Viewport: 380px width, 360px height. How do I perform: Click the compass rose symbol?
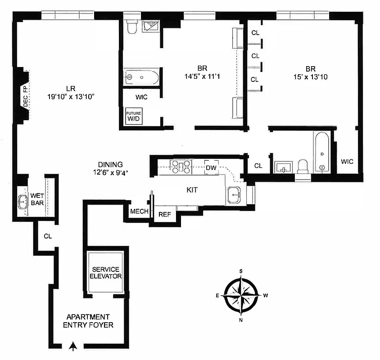(242, 296)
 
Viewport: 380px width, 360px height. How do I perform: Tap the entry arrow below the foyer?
(74, 346)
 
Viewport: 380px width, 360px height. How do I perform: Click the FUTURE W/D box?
(134, 116)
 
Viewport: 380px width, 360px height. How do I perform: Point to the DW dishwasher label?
(211, 167)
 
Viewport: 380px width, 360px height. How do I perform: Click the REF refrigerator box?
(164, 214)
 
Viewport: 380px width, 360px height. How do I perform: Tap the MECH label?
(139, 211)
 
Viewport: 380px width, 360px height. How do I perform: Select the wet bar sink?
(23, 201)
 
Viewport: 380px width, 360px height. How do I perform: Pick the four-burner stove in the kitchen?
(181, 166)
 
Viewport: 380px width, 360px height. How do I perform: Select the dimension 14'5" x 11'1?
(201, 76)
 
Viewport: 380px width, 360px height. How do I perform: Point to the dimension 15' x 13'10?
(310, 76)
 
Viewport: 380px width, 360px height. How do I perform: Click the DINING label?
(110, 165)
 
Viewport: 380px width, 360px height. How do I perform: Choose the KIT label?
(191, 190)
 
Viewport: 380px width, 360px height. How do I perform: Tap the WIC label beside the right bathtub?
(347, 161)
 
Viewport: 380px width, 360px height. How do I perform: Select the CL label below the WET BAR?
(48, 236)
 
